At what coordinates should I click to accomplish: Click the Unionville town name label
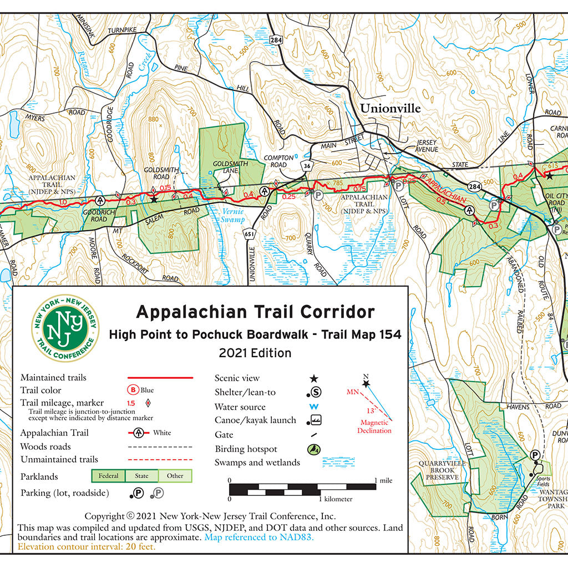coord(390,108)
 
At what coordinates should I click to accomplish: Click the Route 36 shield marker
coord(307,165)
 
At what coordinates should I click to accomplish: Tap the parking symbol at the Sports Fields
coord(535,455)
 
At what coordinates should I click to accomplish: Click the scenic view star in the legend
coord(313,378)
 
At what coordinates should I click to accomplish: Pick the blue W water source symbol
coord(313,407)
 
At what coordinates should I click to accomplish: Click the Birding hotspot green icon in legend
coord(313,449)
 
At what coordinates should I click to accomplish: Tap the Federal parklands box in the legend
coord(108,476)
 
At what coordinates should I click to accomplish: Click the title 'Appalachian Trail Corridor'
coord(255,312)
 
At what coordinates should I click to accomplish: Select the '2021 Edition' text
coord(255,353)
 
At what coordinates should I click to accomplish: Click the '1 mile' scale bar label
coord(383,480)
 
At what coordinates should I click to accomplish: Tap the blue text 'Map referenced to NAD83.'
coord(259,537)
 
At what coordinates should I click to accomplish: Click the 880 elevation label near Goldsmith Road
coord(154,119)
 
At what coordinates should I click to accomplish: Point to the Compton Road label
coord(275,161)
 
